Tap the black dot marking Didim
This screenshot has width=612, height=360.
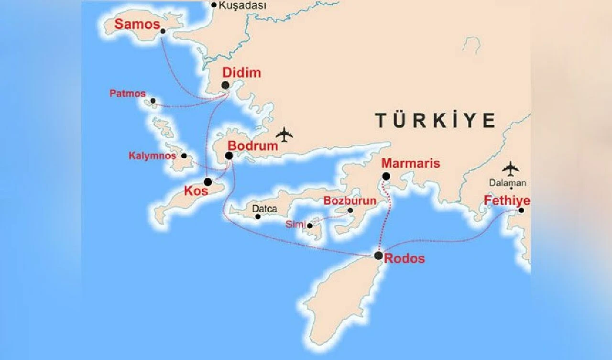pyautogui.click(x=225, y=85)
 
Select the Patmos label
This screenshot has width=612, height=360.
pyautogui.click(x=127, y=94)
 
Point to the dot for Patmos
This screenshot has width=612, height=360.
pyautogui.click(x=153, y=101)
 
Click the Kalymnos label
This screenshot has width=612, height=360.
pyautogui.click(x=152, y=156)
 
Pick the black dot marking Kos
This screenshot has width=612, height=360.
pyautogui.click(x=208, y=182)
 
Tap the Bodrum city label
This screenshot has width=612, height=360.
pyautogui.click(x=252, y=146)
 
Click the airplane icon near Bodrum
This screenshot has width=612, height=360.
pyautogui.click(x=284, y=134)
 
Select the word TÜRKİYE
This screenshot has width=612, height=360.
pyautogui.click(x=435, y=120)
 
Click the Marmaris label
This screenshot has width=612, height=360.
pyautogui.click(x=411, y=164)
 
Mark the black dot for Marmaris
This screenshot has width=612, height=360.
pyautogui.click(x=386, y=176)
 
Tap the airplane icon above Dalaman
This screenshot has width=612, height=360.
pyautogui.click(x=511, y=168)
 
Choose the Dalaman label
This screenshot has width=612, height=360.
pyautogui.click(x=507, y=183)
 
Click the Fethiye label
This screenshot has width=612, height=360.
pyautogui.click(x=507, y=200)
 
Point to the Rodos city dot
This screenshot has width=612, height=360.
pyautogui.click(x=378, y=255)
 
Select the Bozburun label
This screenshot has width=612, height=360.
pyautogui.click(x=350, y=201)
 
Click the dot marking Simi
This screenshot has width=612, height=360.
pyautogui.click(x=310, y=225)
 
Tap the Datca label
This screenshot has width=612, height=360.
pyautogui.click(x=264, y=209)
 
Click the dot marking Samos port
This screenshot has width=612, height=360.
pyautogui.click(x=163, y=31)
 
